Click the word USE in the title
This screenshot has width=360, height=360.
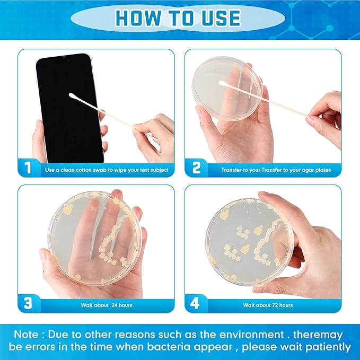[221, 18]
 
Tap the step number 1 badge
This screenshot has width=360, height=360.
[28, 168]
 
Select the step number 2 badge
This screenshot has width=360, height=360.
[196, 168]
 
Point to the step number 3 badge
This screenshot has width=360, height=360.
[28, 303]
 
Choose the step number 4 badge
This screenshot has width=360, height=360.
[195, 303]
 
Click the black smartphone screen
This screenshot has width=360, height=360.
[70, 108]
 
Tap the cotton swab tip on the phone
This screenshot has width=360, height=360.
[72, 96]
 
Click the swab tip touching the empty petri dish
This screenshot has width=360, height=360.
[222, 83]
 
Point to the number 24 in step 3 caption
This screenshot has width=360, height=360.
[115, 305]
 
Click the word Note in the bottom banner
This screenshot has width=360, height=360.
[26, 335]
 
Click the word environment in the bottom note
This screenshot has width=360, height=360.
[251, 335]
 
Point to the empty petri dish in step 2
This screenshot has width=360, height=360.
[227, 89]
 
